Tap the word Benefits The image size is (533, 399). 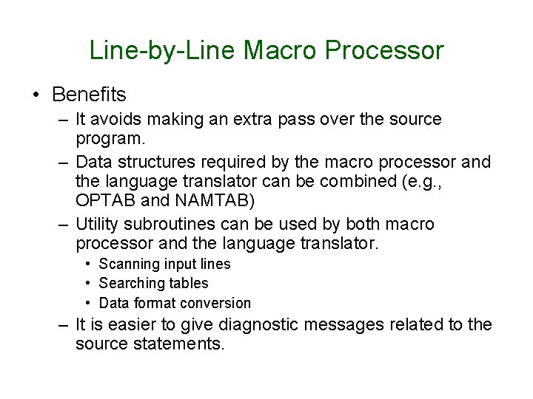[90, 95]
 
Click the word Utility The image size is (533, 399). [99, 224]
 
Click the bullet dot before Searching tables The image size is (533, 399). [87, 284]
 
